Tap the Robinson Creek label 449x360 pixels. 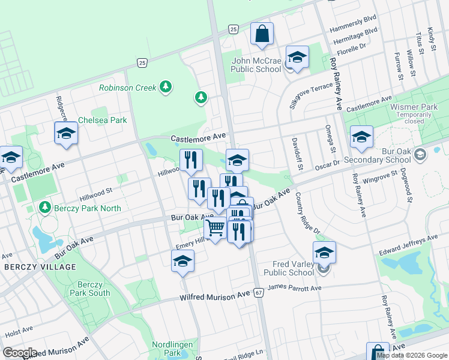(x=128, y=88)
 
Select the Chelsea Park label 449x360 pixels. (x=102, y=120)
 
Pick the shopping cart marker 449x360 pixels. (x=215, y=229)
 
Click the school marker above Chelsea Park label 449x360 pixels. (x=66, y=134)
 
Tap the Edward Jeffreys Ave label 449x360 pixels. (x=408, y=245)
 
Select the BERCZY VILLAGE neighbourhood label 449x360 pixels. (x=40, y=267)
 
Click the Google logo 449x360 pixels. (x=20, y=353)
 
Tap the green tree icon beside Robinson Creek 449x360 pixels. (x=166, y=88)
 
